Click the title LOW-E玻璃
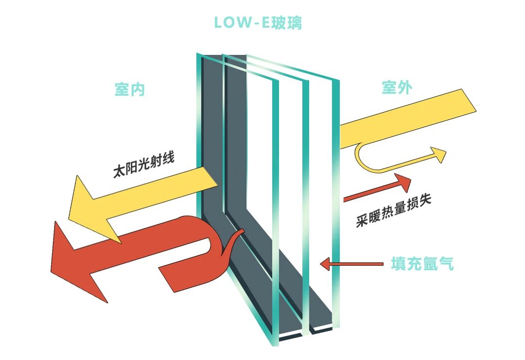click(258, 23)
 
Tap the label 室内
click(129, 89)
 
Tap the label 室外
click(397, 88)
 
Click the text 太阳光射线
click(143, 165)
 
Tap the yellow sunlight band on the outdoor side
click(408, 117)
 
